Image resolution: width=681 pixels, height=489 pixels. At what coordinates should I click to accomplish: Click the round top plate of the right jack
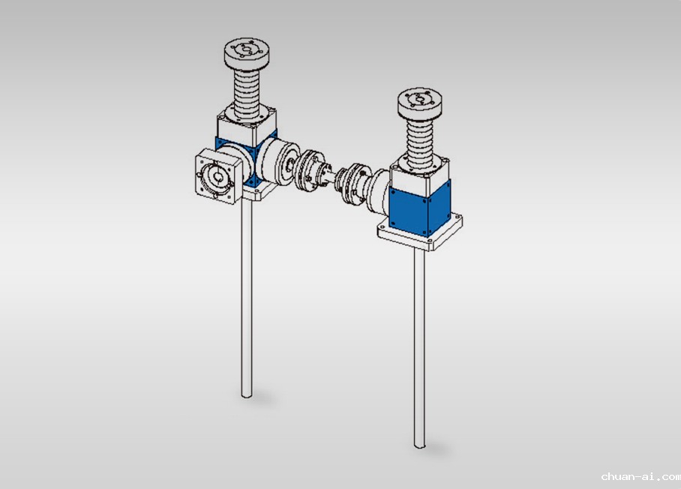[420, 103]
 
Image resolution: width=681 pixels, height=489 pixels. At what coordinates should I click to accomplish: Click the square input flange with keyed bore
[218, 175]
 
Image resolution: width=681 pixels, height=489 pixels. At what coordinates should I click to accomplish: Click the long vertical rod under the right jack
[419, 348]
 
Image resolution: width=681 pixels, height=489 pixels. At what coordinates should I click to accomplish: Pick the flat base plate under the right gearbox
[420, 232]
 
